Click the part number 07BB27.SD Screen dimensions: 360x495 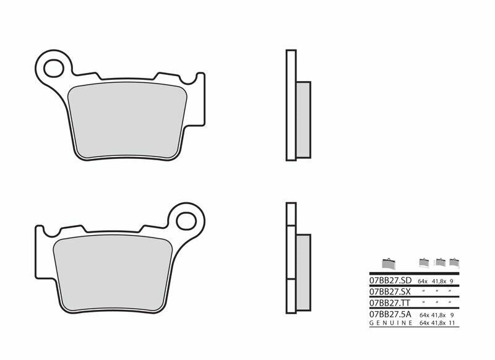pyautogui.click(x=390, y=280)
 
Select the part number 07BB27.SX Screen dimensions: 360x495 pyautogui.click(x=390, y=291)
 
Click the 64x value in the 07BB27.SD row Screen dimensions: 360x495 pyautogui.click(x=424, y=280)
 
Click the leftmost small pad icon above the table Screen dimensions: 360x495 pyautogui.click(x=388, y=263)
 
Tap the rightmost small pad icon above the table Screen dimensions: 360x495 pyautogui.click(x=454, y=262)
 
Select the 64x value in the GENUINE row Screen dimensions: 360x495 pyautogui.click(x=424, y=324)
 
